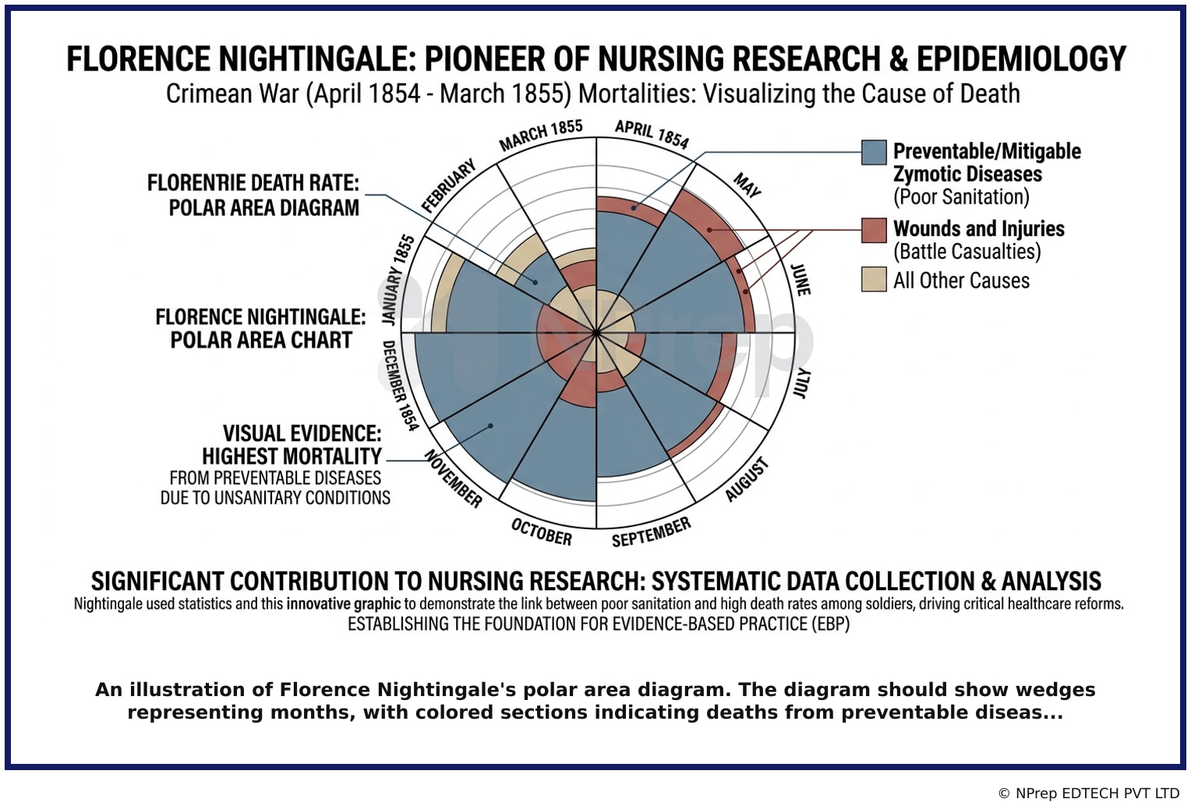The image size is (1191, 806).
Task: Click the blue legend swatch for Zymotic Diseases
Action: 874,152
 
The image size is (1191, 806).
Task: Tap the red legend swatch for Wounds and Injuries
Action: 874,230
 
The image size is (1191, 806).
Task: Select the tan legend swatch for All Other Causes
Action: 874,279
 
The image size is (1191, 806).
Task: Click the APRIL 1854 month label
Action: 652,134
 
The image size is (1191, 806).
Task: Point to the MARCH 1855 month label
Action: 541,135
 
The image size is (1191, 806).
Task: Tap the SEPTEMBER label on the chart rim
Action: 652,532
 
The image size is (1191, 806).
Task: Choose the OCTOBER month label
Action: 541,532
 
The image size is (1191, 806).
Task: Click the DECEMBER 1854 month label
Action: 400,385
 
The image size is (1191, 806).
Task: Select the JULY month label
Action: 801,383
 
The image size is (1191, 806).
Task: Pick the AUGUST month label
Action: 747,479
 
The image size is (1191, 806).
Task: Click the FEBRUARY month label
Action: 448,186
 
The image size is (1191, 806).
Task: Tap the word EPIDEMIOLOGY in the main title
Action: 1021,58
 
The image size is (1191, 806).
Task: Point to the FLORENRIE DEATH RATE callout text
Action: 253,183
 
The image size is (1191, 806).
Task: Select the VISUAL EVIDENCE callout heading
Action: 302,433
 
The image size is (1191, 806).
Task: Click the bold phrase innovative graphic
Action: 344,604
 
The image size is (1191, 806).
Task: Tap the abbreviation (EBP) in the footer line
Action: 831,624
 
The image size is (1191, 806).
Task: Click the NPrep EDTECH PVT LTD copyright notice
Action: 1090,794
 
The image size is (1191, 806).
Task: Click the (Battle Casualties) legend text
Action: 967,252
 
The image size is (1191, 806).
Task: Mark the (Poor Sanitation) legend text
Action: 961,196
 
